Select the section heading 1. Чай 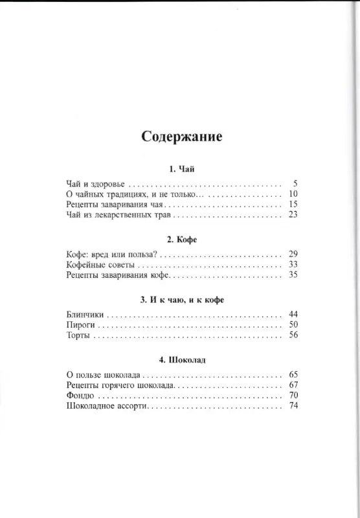pos(181,169)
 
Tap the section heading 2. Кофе pos(181,239)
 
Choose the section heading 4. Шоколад pos(181,359)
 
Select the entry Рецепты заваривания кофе pos(118,275)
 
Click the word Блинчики pos(85,315)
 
